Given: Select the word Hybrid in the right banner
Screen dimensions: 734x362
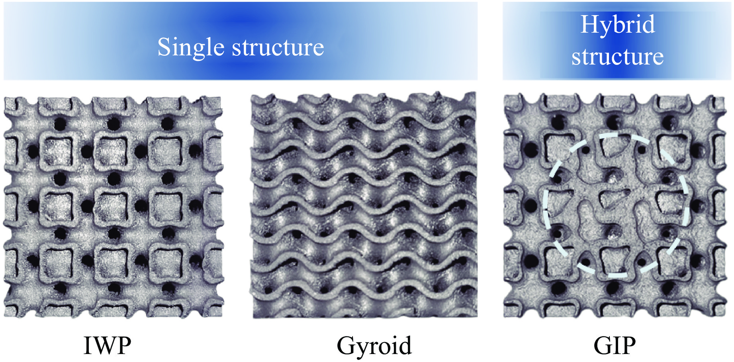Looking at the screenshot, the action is pyautogui.click(x=618, y=24).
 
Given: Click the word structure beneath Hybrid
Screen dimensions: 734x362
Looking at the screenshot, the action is pyautogui.click(x=618, y=57).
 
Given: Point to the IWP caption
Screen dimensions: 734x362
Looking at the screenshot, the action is pyautogui.click(x=107, y=345).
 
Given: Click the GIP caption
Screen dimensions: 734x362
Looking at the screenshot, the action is pyautogui.click(x=615, y=345).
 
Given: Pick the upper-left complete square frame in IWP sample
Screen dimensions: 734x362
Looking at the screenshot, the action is pyautogui.click(x=58, y=152).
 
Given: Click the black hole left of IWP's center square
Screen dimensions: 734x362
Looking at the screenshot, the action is pyautogui.click(x=86, y=206).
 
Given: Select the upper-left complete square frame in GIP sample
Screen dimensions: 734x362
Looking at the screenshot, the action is pyautogui.click(x=559, y=149).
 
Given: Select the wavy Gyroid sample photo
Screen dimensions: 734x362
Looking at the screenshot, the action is pyautogui.click(x=364, y=205).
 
